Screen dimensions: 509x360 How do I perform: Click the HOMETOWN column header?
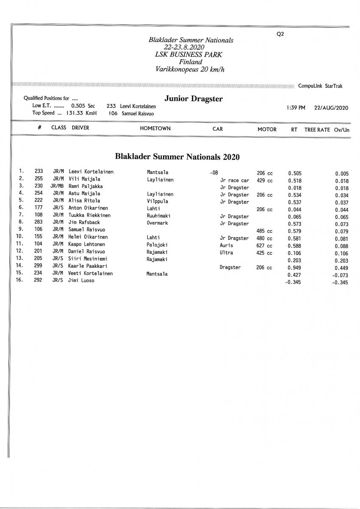pyautogui.click(x=155, y=129)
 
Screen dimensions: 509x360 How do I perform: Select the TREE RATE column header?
pyautogui.click(x=317, y=129)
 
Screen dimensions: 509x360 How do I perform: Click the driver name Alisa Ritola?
pyautogui.click(x=84, y=201)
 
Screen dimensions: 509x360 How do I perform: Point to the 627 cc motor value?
pyautogui.click(x=264, y=246)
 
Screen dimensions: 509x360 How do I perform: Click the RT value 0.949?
pyautogui.click(x=295, y=268)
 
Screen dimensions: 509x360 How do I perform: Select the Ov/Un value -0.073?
pyautogui.click(x=341, y=275)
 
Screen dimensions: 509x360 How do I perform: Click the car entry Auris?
pyautogui.click(x=226, y=246)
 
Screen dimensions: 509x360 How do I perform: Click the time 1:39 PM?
pyautogui.click(x=296, y=108)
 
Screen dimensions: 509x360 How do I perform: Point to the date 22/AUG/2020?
pyautogui.click(x=331, y=108)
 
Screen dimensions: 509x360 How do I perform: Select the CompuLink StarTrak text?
pyautogui.click(x=320, y=86)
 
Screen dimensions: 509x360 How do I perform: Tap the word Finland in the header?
pyautogui.click(x=190, y=62)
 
